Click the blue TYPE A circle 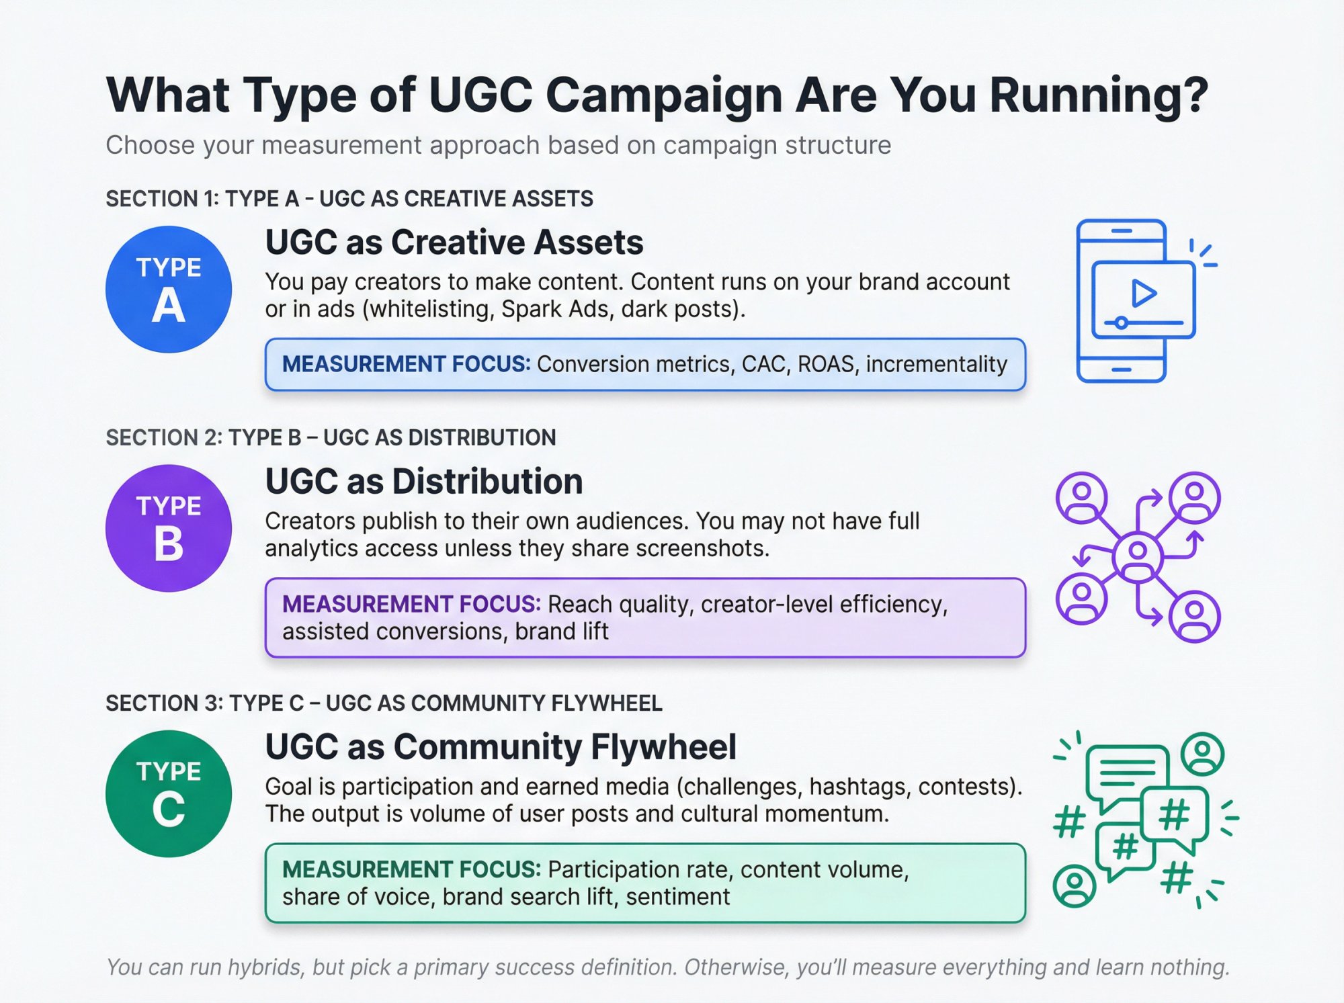[168, 290]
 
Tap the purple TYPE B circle [168, 528]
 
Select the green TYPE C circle [168, 793]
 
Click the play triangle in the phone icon [1143, 294]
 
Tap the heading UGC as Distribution [424, 482]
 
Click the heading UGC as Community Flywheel [501, 747]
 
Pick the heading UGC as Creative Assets [454, 243]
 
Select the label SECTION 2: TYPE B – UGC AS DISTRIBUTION [331, 437]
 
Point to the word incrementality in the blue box [936, 364]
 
